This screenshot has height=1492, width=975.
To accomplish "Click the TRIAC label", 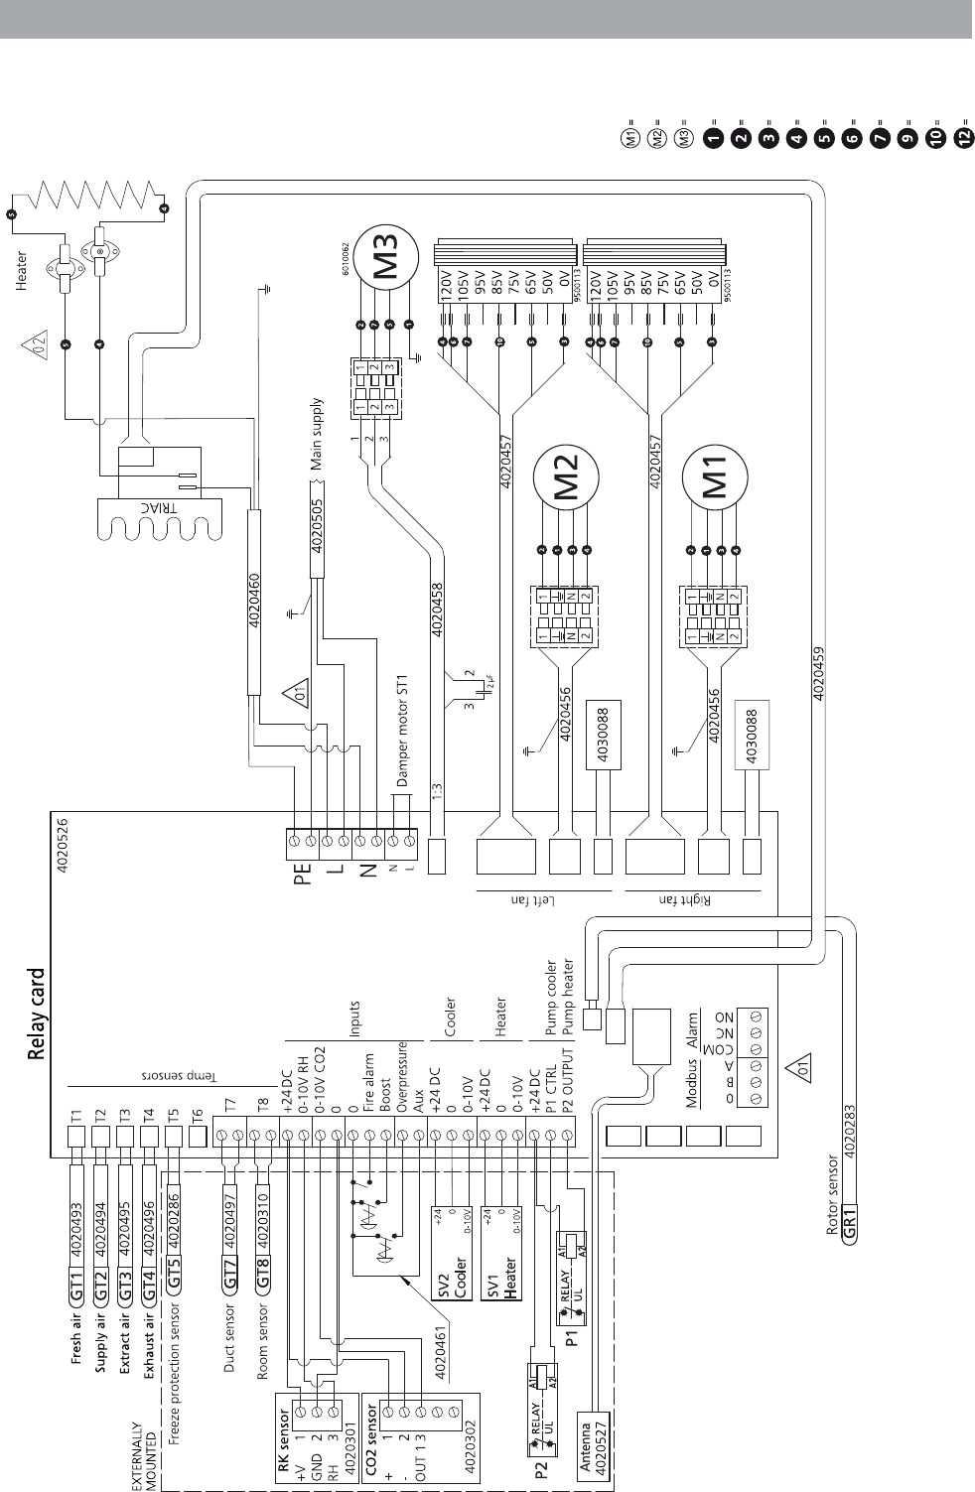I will pyautogui.click(x=142, y=505).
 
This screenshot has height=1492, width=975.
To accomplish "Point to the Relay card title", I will pyautogui.click(x=37, y=1015).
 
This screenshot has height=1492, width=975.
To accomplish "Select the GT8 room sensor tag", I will pyautogui.click(x=263, y=1281).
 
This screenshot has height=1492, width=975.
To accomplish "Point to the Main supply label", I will pyautogui.click(x=317, y=434).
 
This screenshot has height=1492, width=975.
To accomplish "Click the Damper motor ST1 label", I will pyautogui.click(x=402, y=730).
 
